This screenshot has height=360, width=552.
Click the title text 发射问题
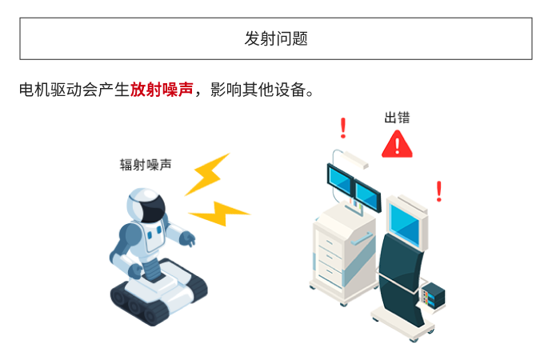pyautogui.click(x=276, y=38)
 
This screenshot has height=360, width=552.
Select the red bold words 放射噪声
pyautogui.click(x=162, y=90)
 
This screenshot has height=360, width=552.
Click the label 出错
pyautogui.click(x=397, y=118)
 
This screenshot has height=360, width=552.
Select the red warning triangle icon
pyautogui.click(x=397, y=144)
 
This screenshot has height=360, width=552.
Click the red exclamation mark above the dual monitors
pyautogui.click(x=343, y=128)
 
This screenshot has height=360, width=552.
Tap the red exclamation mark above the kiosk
pyautogui.click(x=438, y=191)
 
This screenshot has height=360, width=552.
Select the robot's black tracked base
pyautogui.click(x=158, y=297)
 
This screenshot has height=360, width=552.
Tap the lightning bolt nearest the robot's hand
pyautogui.click(x=218, y=213)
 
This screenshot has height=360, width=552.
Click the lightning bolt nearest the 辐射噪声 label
pyautogui.click(x=207, y=173)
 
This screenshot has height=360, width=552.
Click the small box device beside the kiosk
pyautogui.click(x=436, y=295)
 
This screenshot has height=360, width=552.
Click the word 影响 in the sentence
pyautogui.click(x=226, y=90)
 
